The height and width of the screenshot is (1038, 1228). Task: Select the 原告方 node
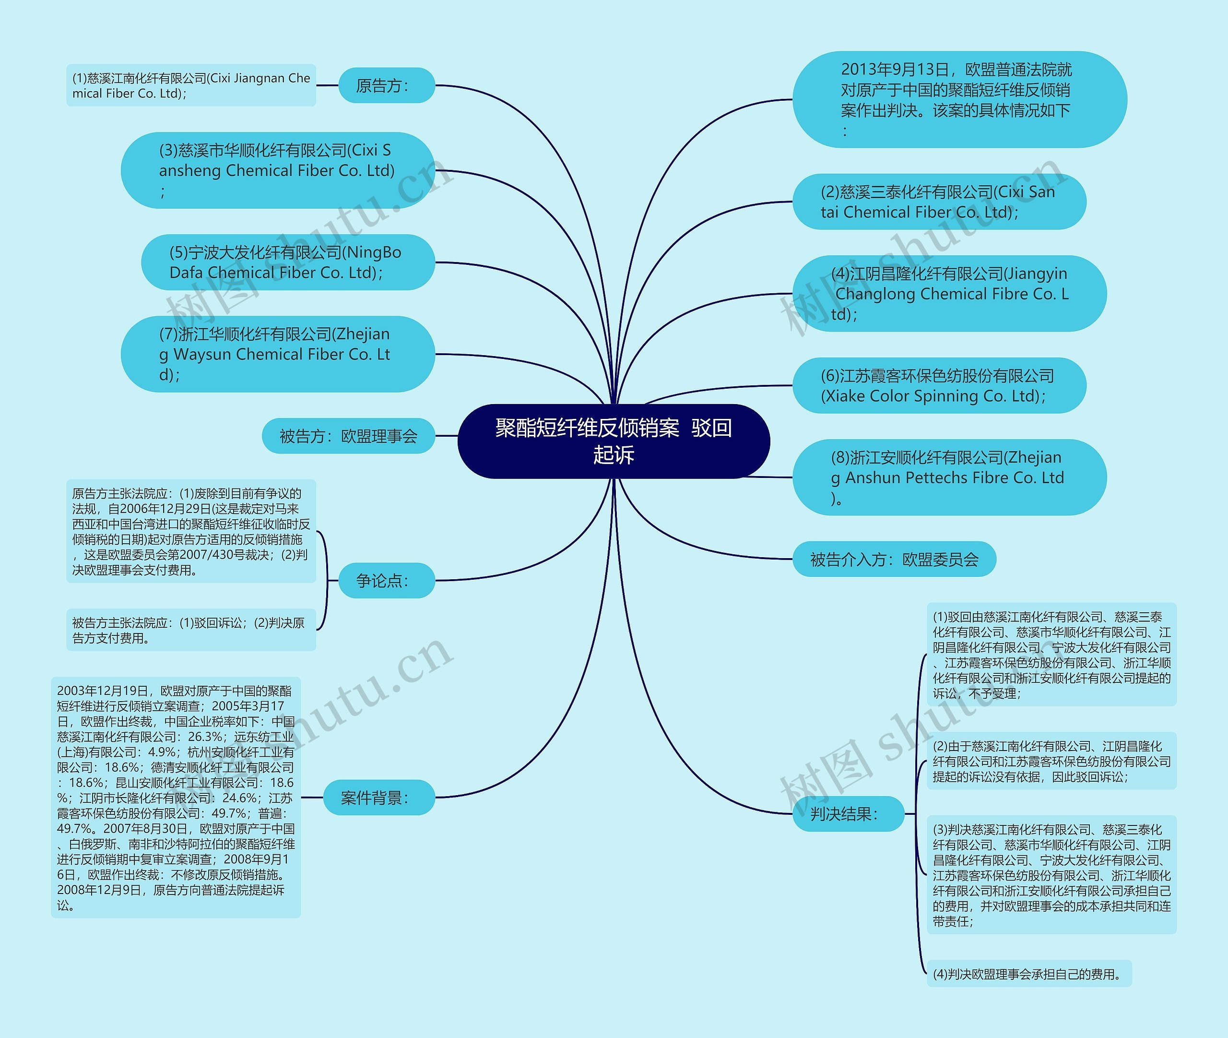pos(387,86)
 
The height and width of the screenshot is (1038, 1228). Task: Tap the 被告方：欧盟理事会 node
pos(348,436)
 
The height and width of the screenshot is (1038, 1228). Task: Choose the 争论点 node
pos(387,581)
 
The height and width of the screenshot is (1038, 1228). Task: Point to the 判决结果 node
pos(848,814)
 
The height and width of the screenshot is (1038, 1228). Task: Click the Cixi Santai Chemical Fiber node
pos(939,202)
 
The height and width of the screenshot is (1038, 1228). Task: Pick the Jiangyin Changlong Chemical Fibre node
pos(949,294)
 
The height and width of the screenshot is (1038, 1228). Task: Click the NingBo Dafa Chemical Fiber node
pos(288,262)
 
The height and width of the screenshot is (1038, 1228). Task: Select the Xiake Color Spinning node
pos(939,385)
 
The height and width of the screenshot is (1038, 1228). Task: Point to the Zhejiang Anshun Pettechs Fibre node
pos(949,477)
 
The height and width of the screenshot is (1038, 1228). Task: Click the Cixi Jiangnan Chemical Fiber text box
pos(191,86)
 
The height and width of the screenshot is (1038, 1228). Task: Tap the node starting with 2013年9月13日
pos(959,99)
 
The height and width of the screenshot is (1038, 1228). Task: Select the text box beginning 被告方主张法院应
pos(191,630)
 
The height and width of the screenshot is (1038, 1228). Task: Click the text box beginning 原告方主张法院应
pos(191,531)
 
